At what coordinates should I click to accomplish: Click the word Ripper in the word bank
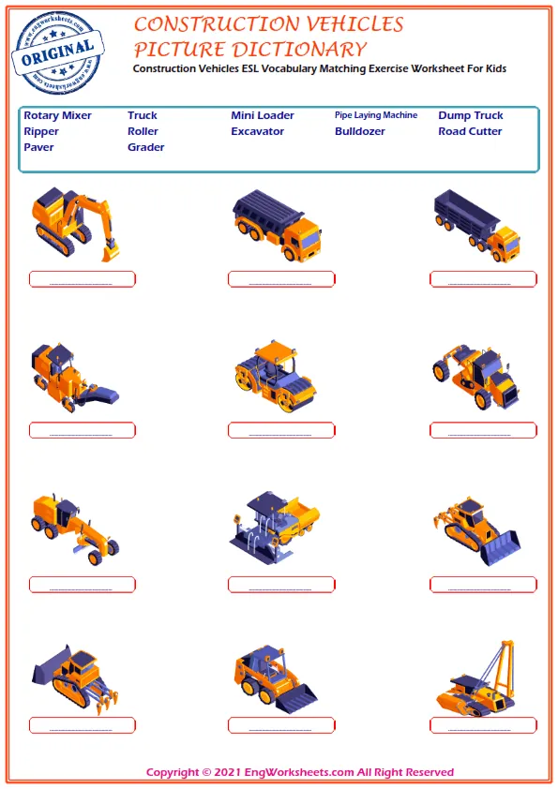[x=41, y=132]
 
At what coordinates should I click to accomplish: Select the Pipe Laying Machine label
[x=376, y=115]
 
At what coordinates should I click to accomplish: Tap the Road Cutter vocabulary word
[x=470, y=131]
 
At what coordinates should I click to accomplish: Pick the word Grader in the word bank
[x=145, y=147]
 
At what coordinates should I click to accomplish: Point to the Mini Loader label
[x=263, y=115]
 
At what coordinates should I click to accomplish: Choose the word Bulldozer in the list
[x=359, y=131]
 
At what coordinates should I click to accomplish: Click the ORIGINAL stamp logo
[x=57, y=52]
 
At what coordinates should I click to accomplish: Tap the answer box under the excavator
[x=83, y=279]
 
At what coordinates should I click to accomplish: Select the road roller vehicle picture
[x=275, y=376]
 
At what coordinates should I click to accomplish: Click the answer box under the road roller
[x=281, y=431]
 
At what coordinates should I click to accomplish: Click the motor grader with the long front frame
[x=75, y=528]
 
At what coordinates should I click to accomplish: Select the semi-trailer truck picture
[x=477, y=226]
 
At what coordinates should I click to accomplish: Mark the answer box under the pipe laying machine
[x=484, y=725]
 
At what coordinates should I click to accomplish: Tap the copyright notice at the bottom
[x=300, y=772]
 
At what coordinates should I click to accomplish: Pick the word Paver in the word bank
[x=38, y=147]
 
